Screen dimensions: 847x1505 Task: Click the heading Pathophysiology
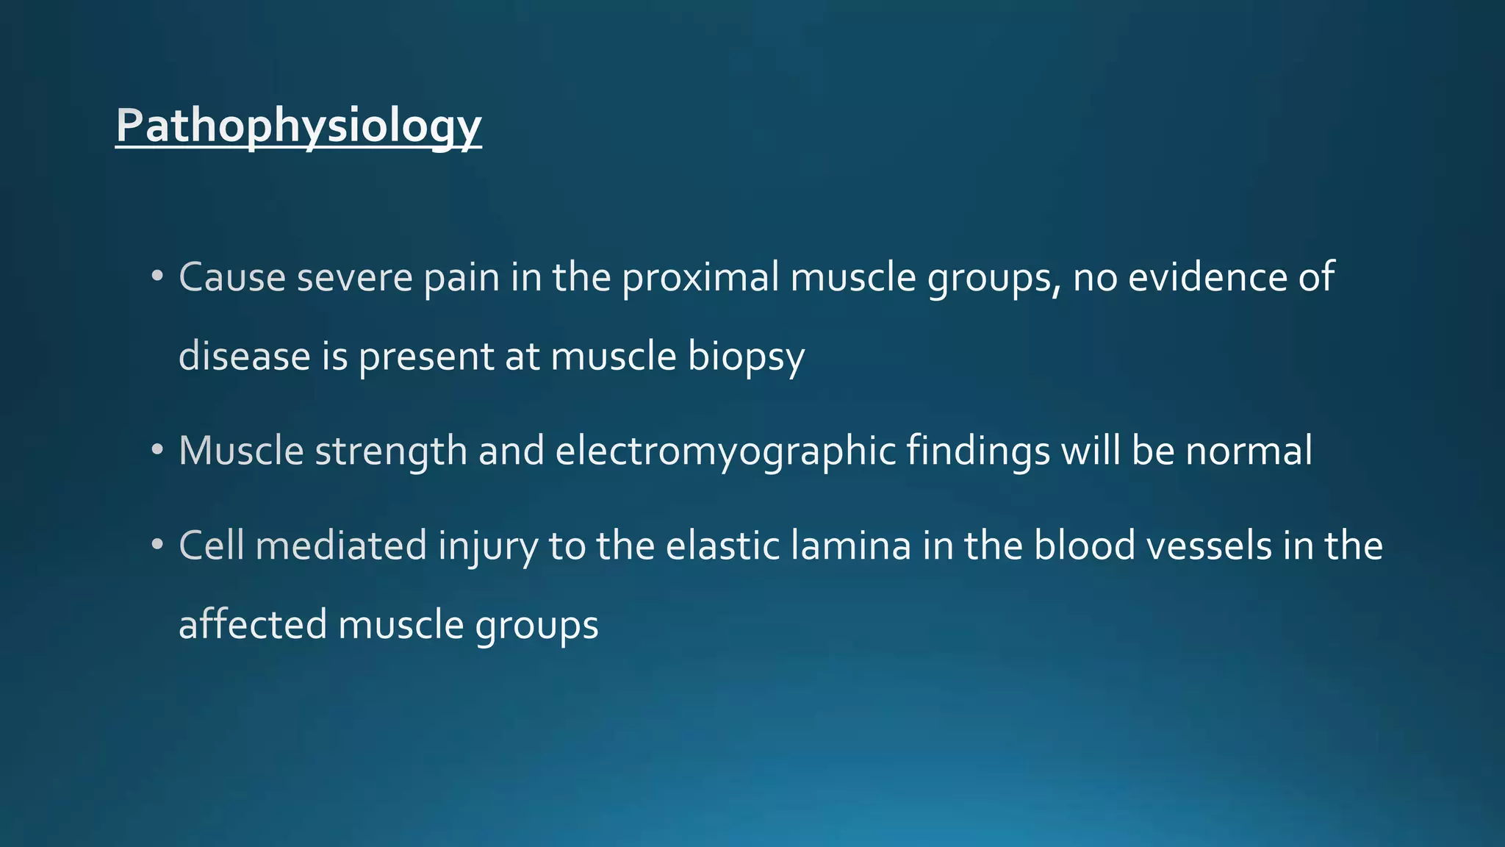coord(298,126)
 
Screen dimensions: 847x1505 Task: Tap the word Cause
coord(232,278)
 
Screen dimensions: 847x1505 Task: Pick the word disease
coord(245,357)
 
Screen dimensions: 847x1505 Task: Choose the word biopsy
coord(746,358)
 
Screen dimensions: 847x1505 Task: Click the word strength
coord(391,451)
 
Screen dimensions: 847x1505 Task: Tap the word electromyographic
coord(725,451)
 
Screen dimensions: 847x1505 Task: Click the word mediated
coord(341,546)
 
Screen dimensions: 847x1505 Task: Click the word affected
coord(253,625)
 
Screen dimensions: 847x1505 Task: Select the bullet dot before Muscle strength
coord(157,451)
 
